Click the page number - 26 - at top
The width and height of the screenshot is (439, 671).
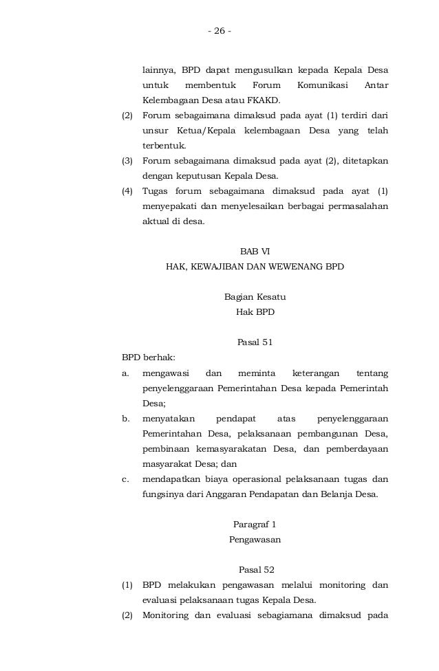point(219,31)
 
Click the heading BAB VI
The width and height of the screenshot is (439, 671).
point(255,252)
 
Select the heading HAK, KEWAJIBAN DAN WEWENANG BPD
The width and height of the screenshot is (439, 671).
point(255,266)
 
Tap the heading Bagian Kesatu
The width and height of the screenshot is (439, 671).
point(255,297)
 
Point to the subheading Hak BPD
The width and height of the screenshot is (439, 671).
point(255,311)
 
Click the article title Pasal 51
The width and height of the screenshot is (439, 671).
point(255,342)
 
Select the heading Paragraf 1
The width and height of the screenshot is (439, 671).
point(255,525)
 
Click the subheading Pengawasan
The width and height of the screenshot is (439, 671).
point(255,540)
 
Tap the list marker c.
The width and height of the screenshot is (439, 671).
point(126,479)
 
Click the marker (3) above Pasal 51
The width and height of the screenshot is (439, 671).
point(127,161)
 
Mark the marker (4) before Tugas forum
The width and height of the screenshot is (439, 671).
point(127,191)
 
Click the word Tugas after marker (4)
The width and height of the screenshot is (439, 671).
point(156,191)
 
